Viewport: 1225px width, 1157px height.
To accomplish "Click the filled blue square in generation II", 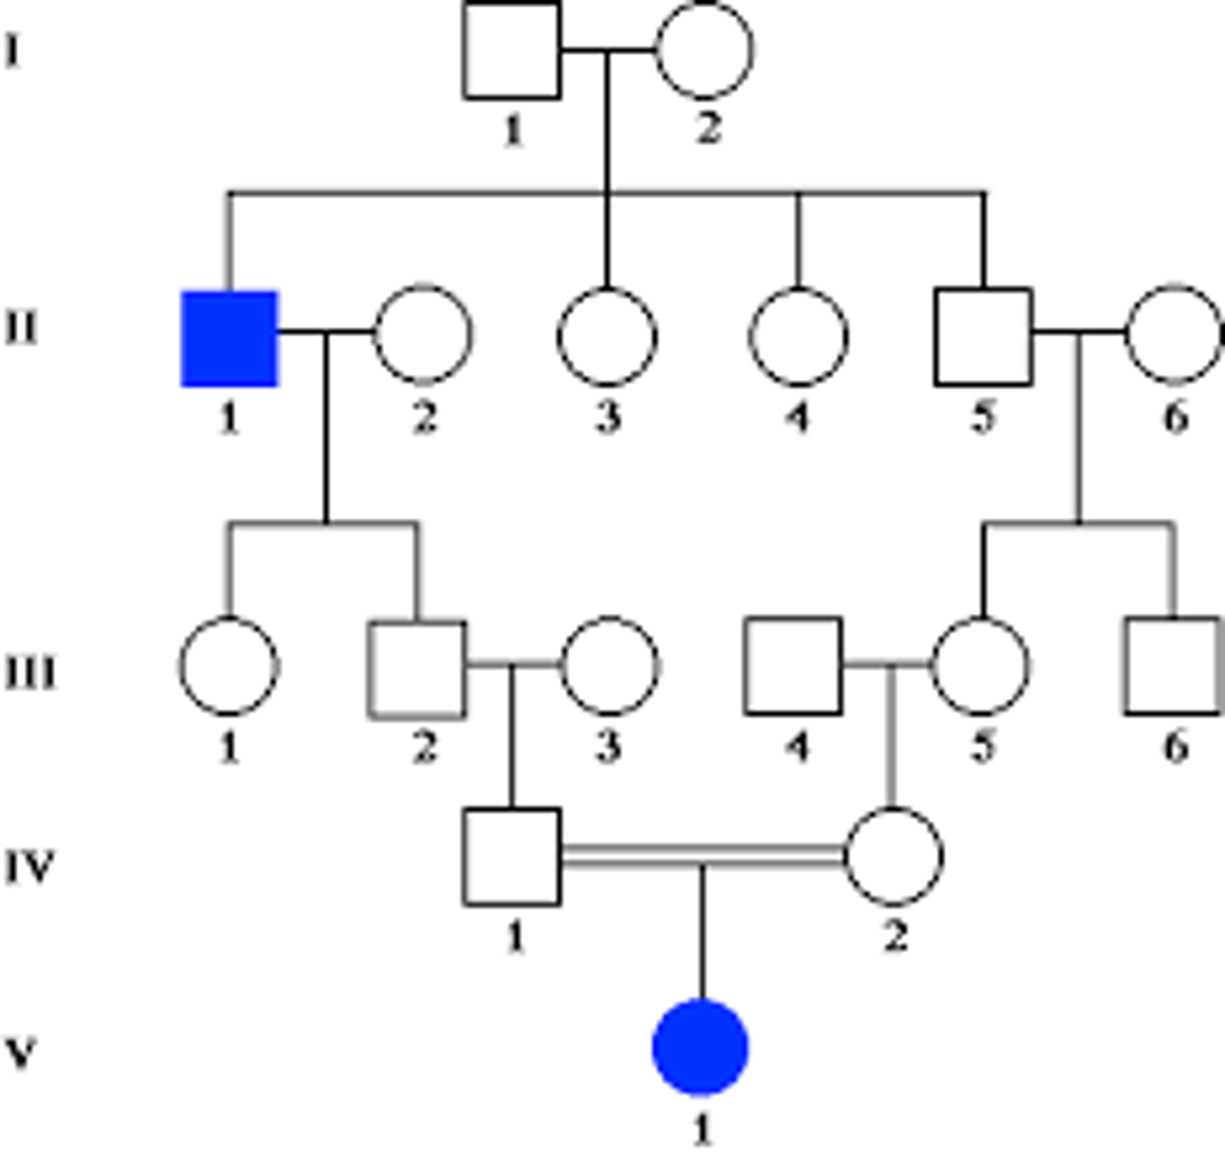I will click(229, 338).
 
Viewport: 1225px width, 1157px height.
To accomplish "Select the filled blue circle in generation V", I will click(701, 1048).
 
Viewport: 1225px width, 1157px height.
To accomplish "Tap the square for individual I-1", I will click(512, 50).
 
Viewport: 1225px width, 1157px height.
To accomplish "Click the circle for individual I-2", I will click(705, 50).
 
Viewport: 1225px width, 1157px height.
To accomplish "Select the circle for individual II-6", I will click(1174, 334).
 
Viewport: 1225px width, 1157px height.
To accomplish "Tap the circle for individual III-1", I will click(228, 665).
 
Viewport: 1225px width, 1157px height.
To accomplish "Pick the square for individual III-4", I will click(793, 665).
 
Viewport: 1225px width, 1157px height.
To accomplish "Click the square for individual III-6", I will click(1173, 665).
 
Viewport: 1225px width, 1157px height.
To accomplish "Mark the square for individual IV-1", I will click(512, 856).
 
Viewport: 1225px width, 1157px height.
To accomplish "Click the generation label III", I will click(31, 672).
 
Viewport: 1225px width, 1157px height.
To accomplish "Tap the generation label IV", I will click(30, 867).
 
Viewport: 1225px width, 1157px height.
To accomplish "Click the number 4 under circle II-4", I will click(798, 417).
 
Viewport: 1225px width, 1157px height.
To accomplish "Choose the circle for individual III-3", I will click(609, 665).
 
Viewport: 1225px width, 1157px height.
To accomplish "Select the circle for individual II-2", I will click(423, 334).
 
